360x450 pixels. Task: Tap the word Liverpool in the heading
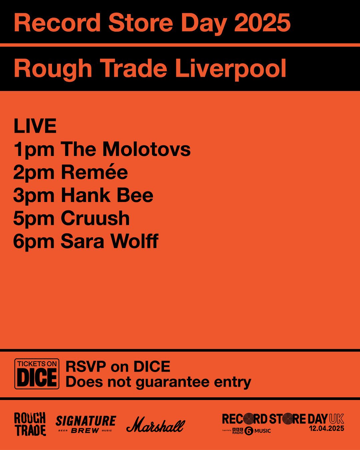point(230,68)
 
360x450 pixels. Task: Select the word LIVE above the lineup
point(35,126)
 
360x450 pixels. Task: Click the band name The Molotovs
point(126,149)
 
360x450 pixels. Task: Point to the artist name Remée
point(94,172)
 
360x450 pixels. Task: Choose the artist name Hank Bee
point(107,195)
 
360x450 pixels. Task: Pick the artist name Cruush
point(95,218)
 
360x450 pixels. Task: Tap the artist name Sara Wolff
point(109,241)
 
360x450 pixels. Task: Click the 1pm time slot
point(34,150)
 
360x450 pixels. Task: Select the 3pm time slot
point(34,196)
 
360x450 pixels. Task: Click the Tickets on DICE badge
point(37,374)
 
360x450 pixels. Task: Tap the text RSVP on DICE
point(118,367)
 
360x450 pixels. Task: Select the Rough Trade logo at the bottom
point(30,424)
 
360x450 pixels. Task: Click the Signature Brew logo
point(86,424)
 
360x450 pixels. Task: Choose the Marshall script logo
point(156,425)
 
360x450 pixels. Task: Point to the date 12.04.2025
point(326,429)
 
